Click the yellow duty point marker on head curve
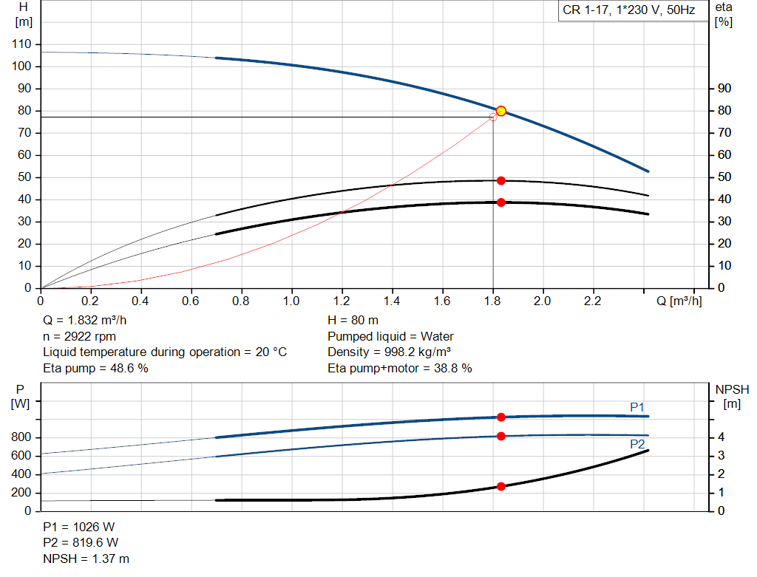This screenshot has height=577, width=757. (x=500, y=111)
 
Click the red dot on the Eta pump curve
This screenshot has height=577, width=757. (x=500, y=180)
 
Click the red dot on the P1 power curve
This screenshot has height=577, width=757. (x=500, y=417)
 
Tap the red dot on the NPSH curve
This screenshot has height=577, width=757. (x=500, y=486)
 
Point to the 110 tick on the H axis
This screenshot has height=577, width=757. (x=23, y=44)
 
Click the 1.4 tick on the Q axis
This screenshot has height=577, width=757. (x=392, y=301)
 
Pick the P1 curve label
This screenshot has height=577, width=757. (x=637, y=407)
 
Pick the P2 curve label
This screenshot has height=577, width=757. (x=637, y=444)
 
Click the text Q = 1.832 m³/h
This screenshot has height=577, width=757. (x=89, y=320)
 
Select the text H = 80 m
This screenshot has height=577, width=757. (x=353, y=320)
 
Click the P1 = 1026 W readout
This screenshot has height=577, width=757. (x=79, y=527)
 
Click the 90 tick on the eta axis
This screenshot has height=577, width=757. (x=724, y=89)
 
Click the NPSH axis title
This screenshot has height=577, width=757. (x=732, y=389)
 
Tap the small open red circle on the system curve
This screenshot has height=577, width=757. (x=493, y=117)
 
